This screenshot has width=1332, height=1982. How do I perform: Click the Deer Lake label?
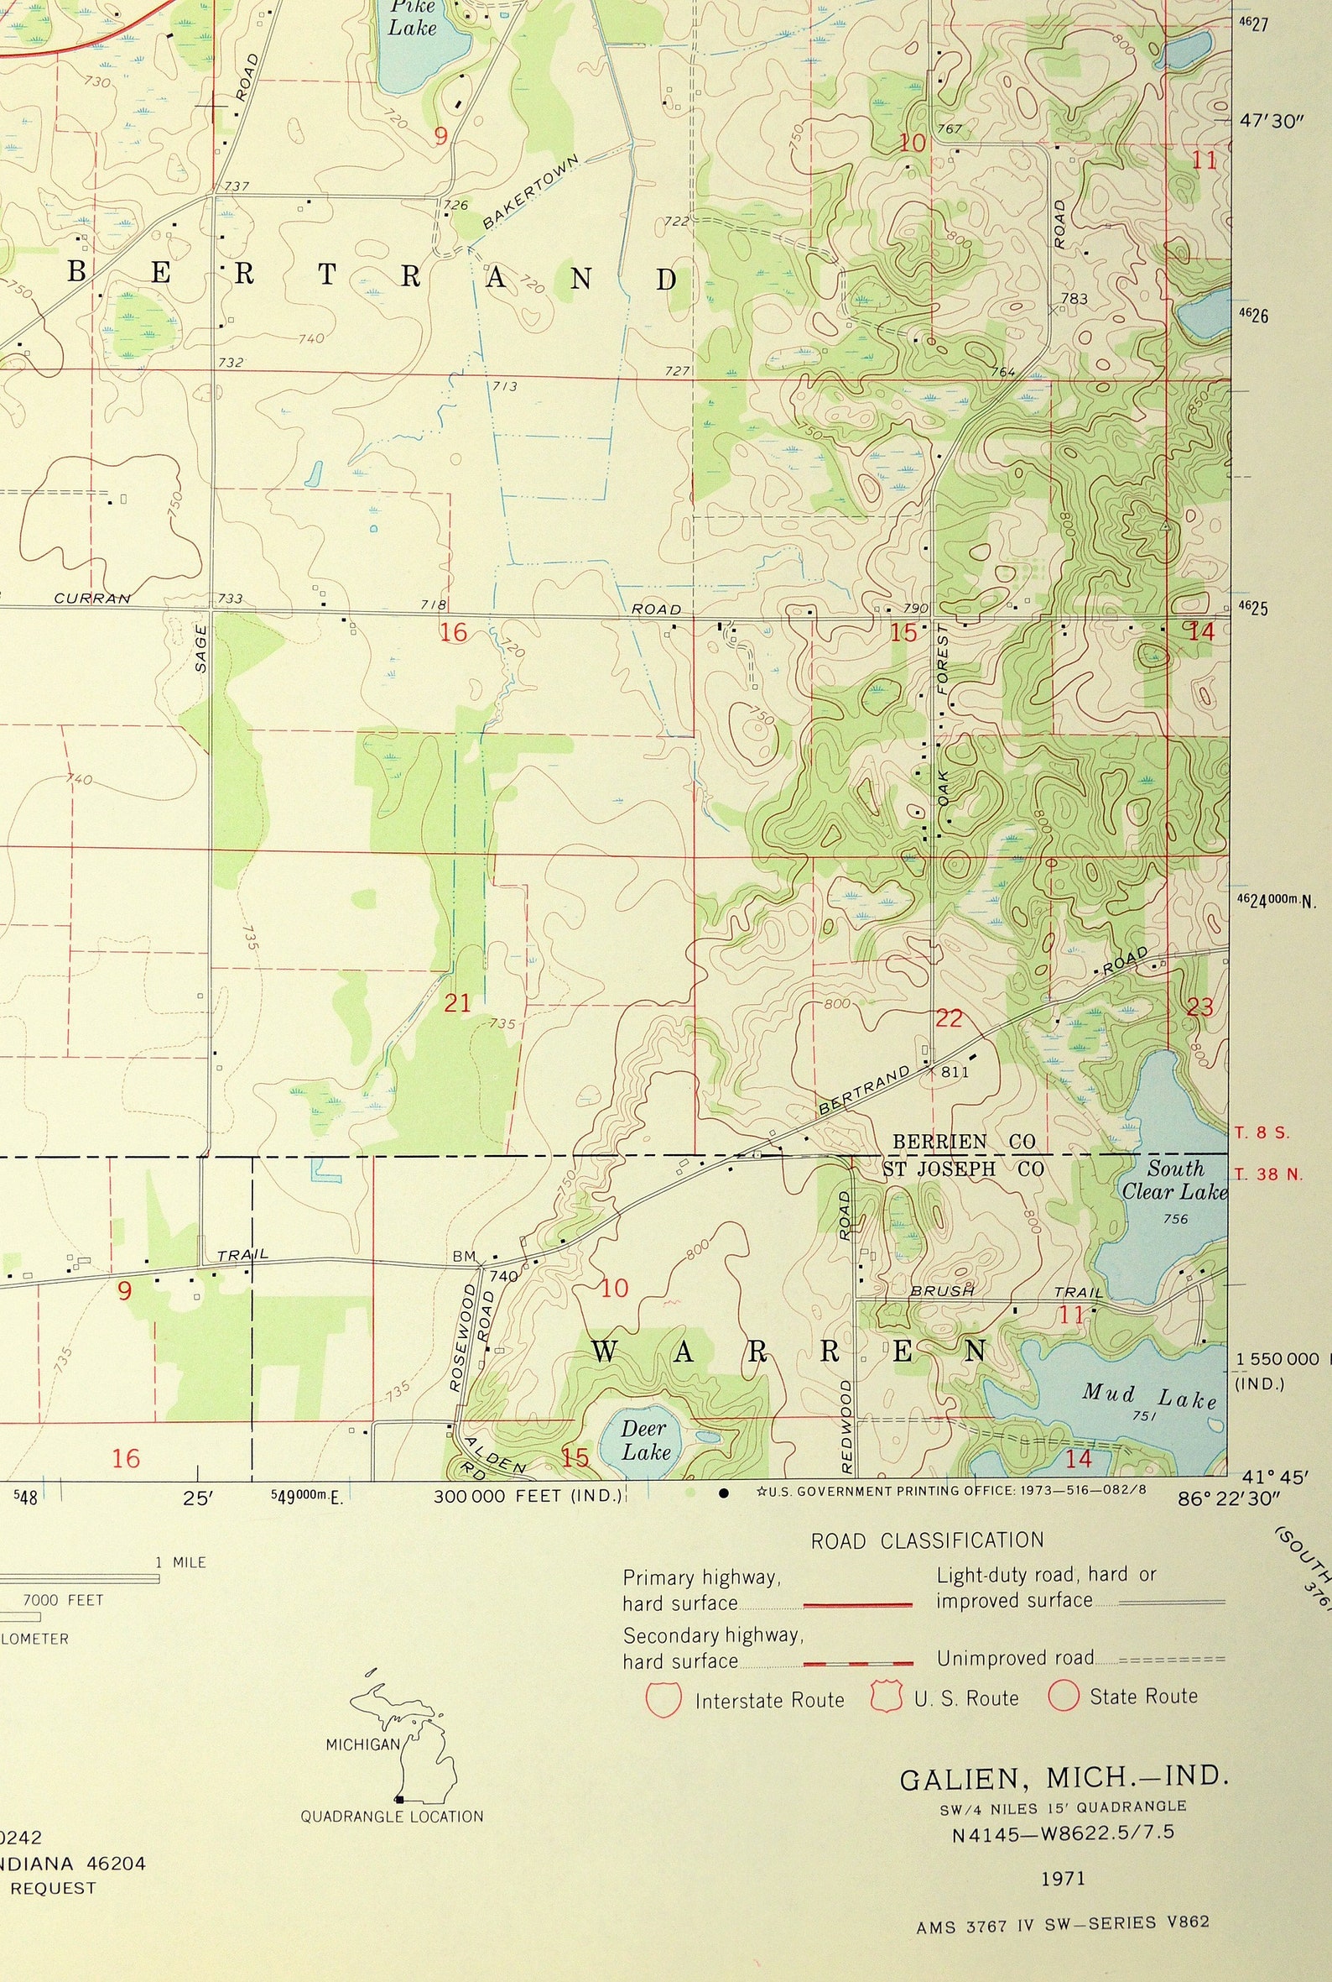coord(645,1440)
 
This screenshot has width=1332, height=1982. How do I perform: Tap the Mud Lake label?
coord(1148,1395)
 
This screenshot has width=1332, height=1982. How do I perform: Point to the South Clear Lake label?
coord(1175,1179)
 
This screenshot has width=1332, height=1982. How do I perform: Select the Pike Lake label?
coord(412,17)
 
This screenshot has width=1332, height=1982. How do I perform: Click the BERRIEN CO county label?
coord(963,1142)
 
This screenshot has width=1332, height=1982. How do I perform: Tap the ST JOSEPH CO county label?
coord(963,1169)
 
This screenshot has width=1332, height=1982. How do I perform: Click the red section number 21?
coord(457,1004)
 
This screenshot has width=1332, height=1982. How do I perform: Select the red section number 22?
coord(948,1018)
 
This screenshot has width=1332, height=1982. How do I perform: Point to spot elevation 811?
coord(955,1073)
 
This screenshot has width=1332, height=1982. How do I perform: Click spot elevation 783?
coord(1074,299)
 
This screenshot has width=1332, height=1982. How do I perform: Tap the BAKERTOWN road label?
coord(529,192)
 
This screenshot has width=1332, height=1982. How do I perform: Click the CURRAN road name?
coord(92,599)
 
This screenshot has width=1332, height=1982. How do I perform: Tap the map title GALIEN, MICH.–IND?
coord(1064,1778)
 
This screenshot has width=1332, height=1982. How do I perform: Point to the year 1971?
coord(1064,1877)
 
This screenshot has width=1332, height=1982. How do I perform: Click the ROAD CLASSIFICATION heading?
coord(927,1540)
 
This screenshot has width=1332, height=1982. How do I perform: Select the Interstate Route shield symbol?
coord(663,1699)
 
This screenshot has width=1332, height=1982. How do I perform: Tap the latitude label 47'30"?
coord(1271,122)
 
